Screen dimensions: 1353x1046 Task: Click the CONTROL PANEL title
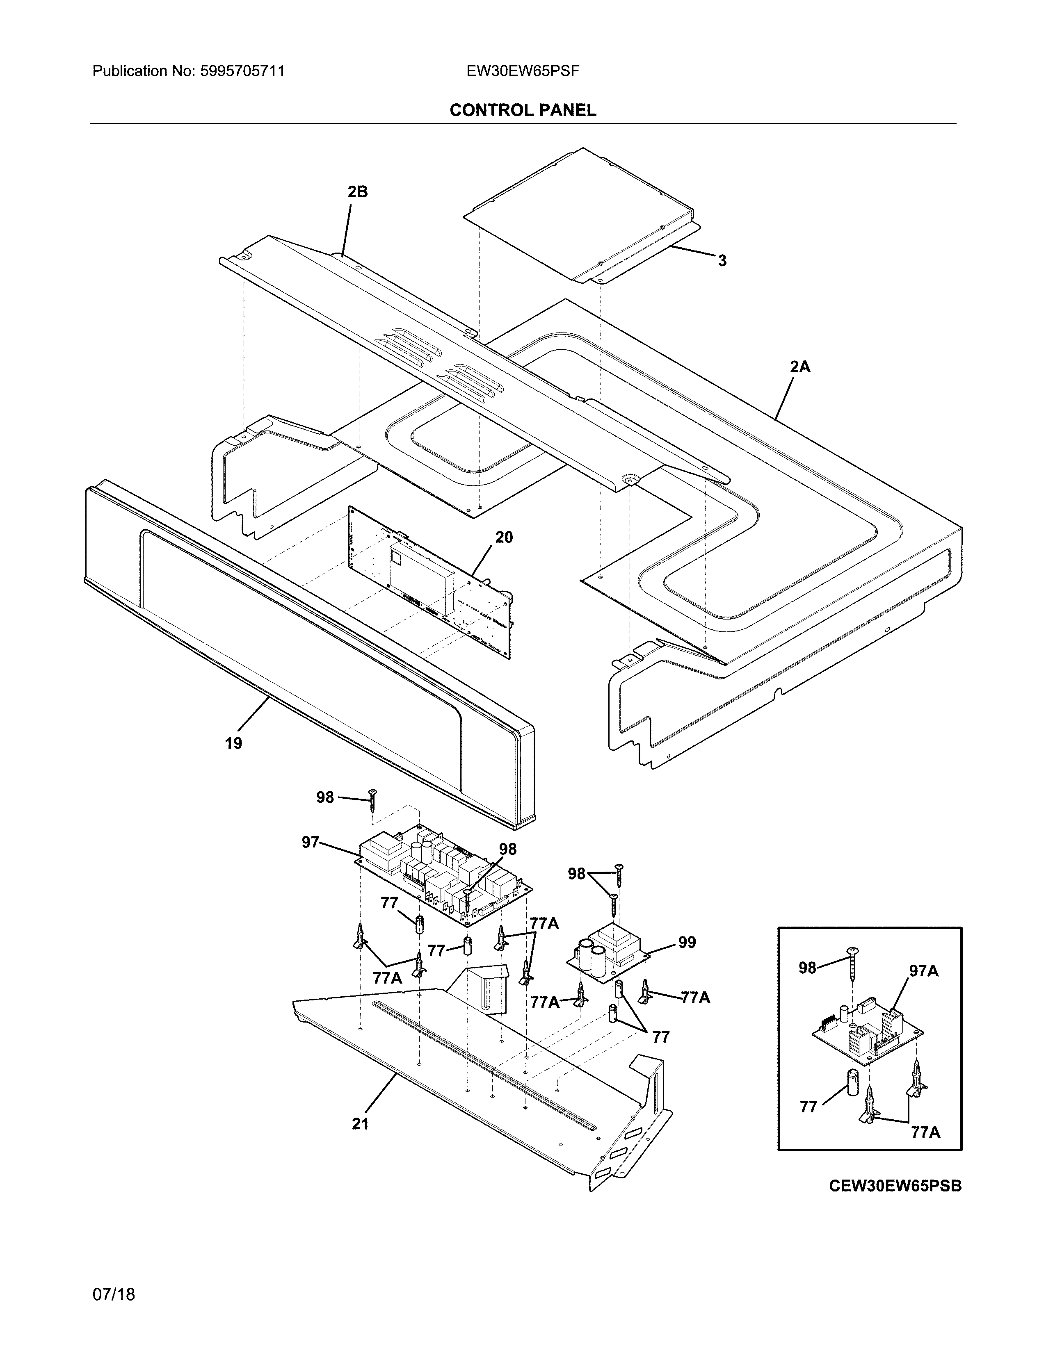coord(522,110)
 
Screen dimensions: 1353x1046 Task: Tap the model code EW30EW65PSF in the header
coord(523,71)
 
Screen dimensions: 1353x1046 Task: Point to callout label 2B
coord(358,192)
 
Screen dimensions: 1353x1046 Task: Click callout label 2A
coord(800,367)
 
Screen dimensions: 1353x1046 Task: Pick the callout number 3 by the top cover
coord(722,261)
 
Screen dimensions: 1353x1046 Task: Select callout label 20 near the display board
coord(504,537)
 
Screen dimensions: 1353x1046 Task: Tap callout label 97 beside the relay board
coord(311,842)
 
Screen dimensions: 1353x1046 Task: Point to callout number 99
coord(687,942)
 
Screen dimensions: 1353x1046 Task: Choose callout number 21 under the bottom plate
coord(360,1124)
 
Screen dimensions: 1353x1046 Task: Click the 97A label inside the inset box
coord(923,971)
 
